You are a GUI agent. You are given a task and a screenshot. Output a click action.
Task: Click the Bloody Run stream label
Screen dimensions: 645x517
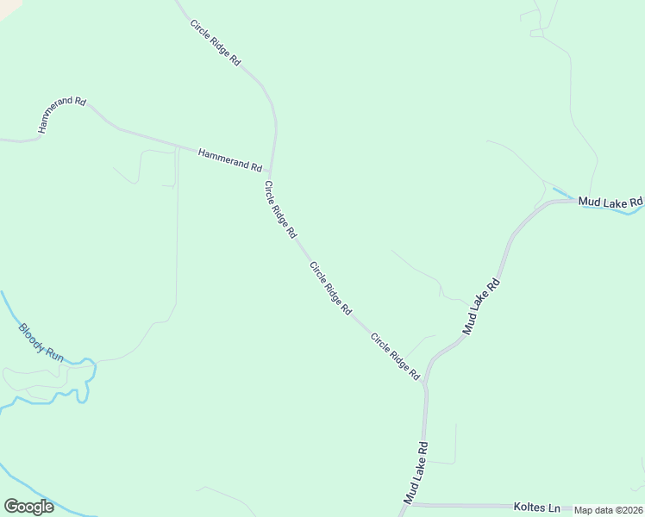point(41,341)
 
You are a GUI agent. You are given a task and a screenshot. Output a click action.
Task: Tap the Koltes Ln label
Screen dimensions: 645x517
point(536,507)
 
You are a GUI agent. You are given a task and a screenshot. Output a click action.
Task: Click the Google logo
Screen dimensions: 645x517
point(28,507)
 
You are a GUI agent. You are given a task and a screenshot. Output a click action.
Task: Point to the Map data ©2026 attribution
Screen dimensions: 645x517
point(608,510)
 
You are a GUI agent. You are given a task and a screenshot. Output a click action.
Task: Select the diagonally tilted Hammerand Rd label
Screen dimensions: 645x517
point(62,114)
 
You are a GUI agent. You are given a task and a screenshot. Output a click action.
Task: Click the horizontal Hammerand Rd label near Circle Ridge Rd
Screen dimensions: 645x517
point(229,159)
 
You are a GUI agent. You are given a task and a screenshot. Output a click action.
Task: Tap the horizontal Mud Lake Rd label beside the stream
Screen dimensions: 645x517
point(611,202)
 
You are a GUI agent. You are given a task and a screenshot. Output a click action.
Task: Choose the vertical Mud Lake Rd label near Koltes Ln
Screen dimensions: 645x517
point(416,473)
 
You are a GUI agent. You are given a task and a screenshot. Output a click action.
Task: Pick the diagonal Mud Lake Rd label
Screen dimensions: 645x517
point(481,306)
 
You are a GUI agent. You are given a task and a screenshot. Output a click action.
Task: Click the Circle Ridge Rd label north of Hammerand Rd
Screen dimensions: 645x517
point(216,40)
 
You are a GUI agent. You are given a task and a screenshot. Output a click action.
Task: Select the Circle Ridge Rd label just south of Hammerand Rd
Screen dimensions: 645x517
point(280,209)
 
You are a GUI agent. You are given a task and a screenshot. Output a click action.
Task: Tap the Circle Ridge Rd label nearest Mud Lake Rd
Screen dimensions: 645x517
point(395,357)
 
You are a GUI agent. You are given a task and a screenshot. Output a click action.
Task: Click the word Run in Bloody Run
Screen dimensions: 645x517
point(54,353)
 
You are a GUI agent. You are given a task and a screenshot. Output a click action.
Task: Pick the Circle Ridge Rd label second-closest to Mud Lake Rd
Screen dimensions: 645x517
point(330,287)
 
